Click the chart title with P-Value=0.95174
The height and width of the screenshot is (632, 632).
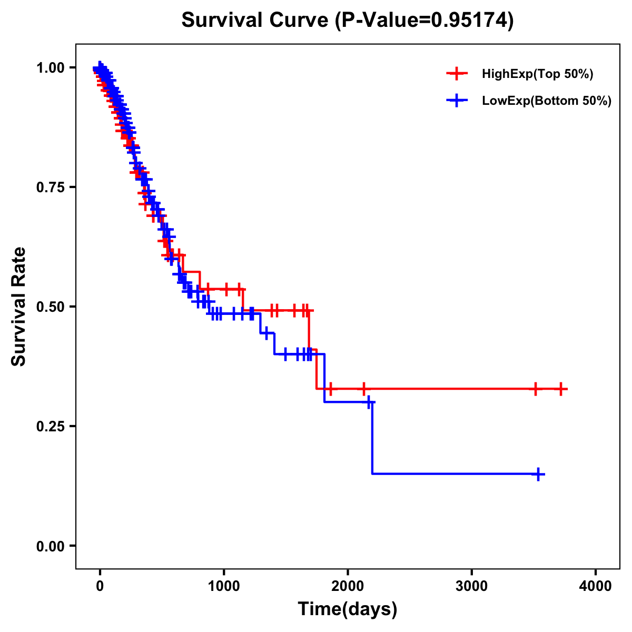click(347, 20)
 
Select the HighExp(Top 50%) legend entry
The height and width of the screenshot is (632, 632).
click(537, 74)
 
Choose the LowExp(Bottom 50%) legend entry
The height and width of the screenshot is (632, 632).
click(546, 101)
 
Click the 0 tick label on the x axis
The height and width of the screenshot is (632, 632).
click(100, 586)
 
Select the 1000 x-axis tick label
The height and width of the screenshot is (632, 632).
click(224, 586)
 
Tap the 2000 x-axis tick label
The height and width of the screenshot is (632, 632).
click(348, 586)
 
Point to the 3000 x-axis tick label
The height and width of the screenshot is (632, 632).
click(471, 586)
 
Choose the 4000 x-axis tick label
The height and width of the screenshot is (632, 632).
click(596, 586)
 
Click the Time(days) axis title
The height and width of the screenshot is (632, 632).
click(348, 609)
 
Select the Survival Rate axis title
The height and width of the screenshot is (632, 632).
click(19, 307)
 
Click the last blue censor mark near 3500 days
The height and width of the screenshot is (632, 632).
click(538, 474)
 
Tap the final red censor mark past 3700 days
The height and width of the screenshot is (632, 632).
click(561, 389)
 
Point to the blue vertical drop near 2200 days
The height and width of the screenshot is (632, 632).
click(372, 437)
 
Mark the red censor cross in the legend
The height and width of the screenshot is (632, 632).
click(457, 74)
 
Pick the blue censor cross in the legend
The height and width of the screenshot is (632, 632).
click(457, 101)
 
